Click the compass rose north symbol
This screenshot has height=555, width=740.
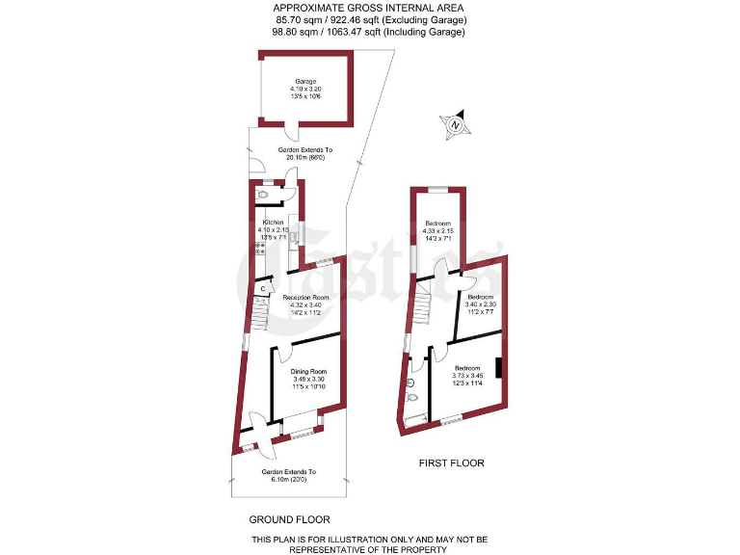click(455, 123)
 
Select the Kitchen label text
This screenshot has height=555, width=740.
click(272, 223)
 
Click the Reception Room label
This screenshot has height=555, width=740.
click(306, 298)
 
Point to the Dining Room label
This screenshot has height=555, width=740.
click(309, 372)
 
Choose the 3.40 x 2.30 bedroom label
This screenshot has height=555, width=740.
click(480, 297)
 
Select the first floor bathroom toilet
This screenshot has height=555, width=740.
click(412, 396)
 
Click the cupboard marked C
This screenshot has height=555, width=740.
click(263, 288)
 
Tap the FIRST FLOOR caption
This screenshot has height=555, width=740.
click(451, 463)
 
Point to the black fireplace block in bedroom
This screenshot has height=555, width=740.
click(497, 369)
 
